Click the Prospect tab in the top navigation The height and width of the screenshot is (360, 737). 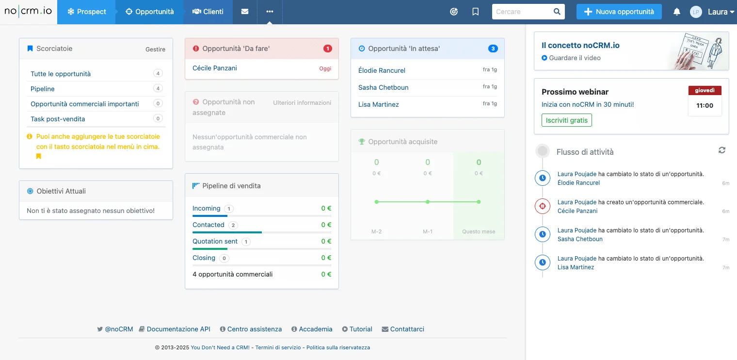tap(86, 12)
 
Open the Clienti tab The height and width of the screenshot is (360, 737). tap(208, 12)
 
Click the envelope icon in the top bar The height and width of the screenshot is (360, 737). tap(245, 12)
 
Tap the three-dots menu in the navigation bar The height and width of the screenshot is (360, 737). tap(270, 12)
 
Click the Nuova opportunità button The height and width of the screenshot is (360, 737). tap(619, 12)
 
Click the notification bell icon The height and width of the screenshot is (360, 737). tap(677, 12)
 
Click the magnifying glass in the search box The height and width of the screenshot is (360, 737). tap(557, 12)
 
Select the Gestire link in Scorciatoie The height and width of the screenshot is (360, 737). tap(155, 49)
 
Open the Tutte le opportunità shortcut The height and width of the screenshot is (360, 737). tap(61, 74)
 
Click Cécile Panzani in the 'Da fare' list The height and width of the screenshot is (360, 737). tap(214, 68)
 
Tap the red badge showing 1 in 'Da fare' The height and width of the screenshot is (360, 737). tap(327, 49)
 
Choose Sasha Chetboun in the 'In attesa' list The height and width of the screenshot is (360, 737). tap(384, 87)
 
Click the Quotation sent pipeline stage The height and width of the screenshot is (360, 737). tap(215, 241)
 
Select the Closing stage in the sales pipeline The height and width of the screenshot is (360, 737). tap(204, 258)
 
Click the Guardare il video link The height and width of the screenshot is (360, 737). tap(575, 58)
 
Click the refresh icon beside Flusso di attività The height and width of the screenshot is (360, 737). tap(722, 150)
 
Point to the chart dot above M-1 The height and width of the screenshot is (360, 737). tap(427, 202)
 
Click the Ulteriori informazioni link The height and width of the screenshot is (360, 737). tap(302, 103)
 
